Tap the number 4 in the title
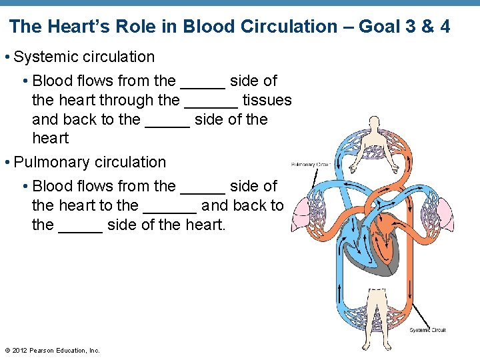pos(445,27)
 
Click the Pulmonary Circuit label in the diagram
pos(311,164)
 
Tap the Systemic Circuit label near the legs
pos(427,330)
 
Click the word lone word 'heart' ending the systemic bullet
pos(51,138)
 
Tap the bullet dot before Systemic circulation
pos(7,57)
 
